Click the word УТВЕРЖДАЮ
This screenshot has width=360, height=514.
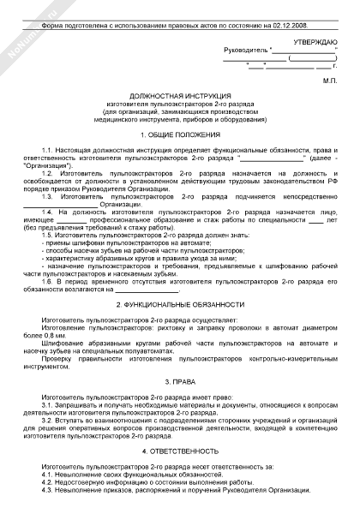(x=316, y=41)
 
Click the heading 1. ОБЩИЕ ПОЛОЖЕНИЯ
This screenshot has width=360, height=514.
(x=180, y=135)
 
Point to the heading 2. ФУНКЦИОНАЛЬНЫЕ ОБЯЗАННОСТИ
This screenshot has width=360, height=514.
(x=180, y=305)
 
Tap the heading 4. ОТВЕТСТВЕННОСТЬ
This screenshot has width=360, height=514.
(x=180, y=451)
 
